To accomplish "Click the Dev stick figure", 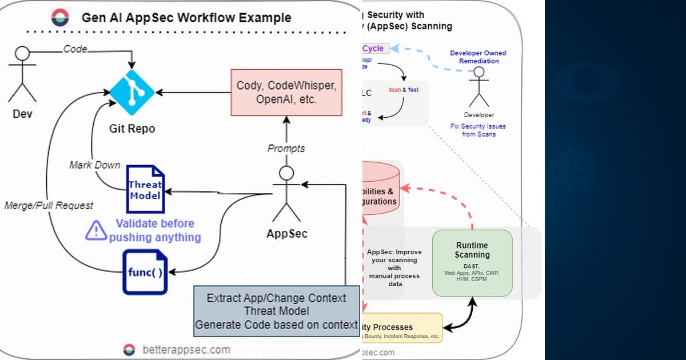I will coord(22,74).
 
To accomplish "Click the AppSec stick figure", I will coord(286,194).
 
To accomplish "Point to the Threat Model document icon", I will coord(145,190).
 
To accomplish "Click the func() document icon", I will coord(145,271).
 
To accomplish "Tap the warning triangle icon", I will coord(96,230).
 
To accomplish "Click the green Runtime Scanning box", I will coord(472,262).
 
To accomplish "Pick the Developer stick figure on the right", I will coord(479,87).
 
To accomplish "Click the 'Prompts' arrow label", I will coord(286,149).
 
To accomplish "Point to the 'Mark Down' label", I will coord(95,165).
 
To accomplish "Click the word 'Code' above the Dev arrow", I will coord(75,49).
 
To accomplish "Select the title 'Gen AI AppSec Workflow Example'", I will coord(186,18).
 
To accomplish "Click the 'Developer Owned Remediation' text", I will coord(478,57).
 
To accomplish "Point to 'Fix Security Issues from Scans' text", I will coord(478,130).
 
